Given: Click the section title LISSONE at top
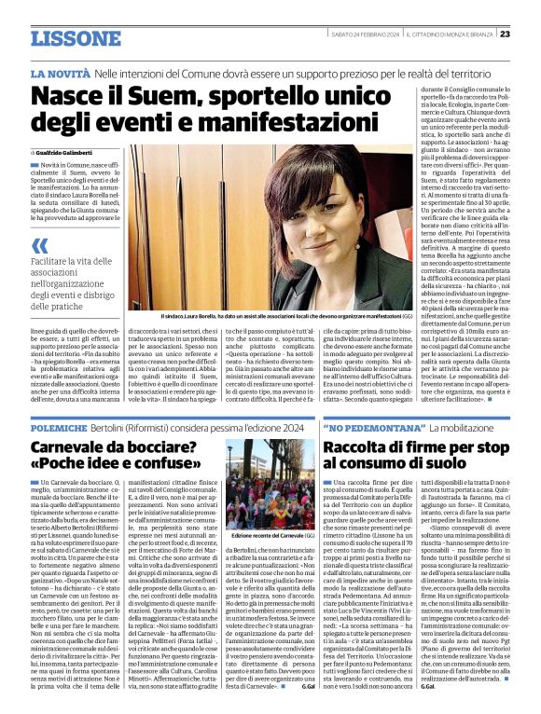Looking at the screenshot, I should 76,38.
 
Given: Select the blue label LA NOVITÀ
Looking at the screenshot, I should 59,73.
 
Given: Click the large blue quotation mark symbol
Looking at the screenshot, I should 40,246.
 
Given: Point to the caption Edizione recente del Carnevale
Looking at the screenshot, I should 267,537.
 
